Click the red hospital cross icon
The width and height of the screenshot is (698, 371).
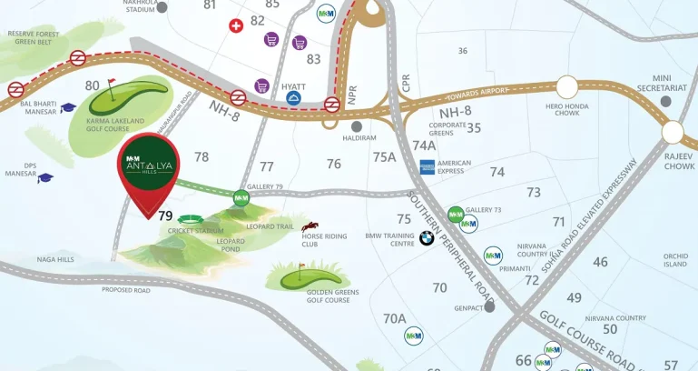tap(237, 26)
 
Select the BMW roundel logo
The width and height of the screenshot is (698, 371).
tap(427, 238)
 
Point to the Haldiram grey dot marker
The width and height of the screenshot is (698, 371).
tap(357, 126)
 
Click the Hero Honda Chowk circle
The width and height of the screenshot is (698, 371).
tap(567, 87)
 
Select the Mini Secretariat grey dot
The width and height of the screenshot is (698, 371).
tap(667, 102)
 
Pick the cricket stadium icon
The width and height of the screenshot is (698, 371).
tap(192, 219)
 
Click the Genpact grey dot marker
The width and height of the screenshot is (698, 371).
tap(490, 306)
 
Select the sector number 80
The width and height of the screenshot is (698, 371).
tap(92, 86)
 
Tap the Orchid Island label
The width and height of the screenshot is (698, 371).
tap(675, 260)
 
